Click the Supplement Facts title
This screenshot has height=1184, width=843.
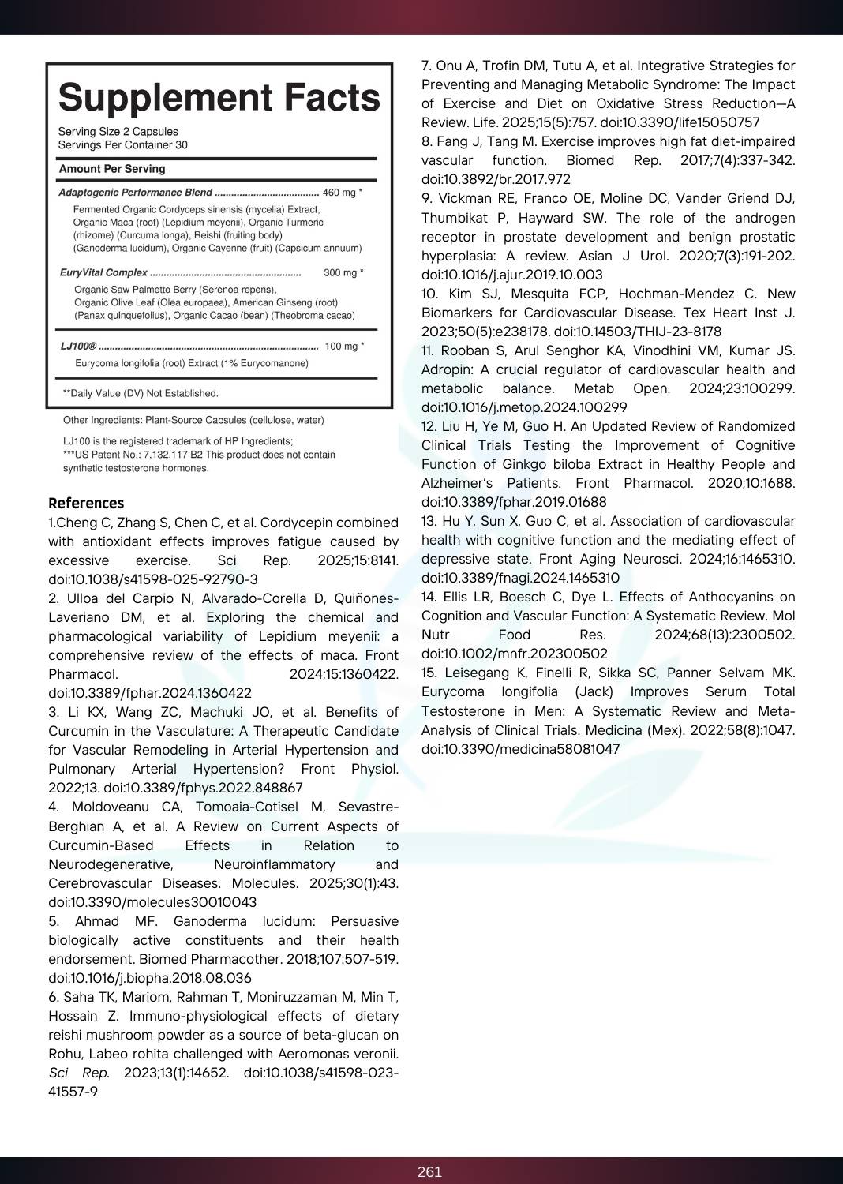[x=219, y=98]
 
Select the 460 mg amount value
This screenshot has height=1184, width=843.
[x=339, y=193]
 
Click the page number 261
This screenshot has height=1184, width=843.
[x=429, y=1172]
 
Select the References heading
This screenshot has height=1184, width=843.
[x=86, y=504]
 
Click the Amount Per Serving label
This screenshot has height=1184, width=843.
[x=112, y=169]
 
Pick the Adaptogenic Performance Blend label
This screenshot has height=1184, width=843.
[x=135, y=193]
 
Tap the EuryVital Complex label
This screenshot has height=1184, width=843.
[x=103, y=273]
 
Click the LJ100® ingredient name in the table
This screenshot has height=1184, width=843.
[x=78, y=347]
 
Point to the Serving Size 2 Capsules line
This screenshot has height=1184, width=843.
[x=118, y=132]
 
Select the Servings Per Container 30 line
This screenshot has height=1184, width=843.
[x=122, y=145]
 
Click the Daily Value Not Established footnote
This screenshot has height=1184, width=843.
[x=140, y=393]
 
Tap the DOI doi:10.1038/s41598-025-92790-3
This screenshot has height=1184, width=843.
[x=153, y=579]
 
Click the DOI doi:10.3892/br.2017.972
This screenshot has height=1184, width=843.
[x=496, y=179]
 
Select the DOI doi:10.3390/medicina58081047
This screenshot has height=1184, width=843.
[x=520, y=749]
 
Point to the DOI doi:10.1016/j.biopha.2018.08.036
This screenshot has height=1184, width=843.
[x=150, y=978]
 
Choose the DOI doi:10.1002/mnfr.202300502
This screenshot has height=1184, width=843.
[x=514, y=654]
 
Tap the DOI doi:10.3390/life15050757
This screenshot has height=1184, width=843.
[x=680, y=122]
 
